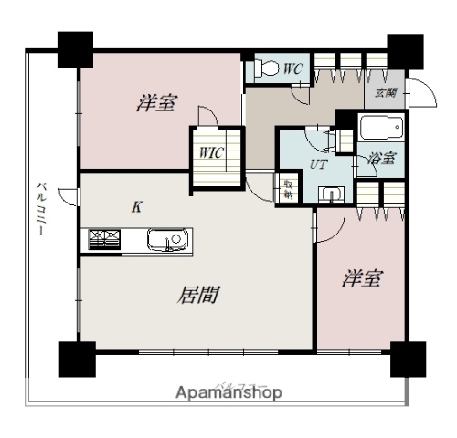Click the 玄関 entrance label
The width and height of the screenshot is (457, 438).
pyautogui.click(x=385, y=93)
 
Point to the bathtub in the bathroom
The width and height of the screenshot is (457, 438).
pyautogui.click(x=377, y=127)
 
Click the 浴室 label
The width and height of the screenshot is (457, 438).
pyautogui.click(x=382, y=158)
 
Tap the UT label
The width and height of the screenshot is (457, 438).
pyautogui.click(x=318, y=165)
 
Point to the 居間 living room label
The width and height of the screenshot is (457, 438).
pyautogui.click(x=199, y=295)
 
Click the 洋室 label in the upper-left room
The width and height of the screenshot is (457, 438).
pyautogui.click(x=157, y=103)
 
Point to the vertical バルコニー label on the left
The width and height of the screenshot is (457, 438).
pyautogui.click(x=42, y=210)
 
